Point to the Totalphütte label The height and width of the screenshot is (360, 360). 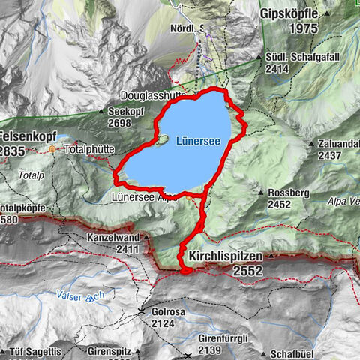[x=89, y=149]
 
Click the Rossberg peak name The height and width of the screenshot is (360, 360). [x=286, y=192]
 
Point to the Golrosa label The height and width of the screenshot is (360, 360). [x=162, y=311]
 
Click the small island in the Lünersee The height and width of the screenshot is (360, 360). [x=160, y=140]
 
